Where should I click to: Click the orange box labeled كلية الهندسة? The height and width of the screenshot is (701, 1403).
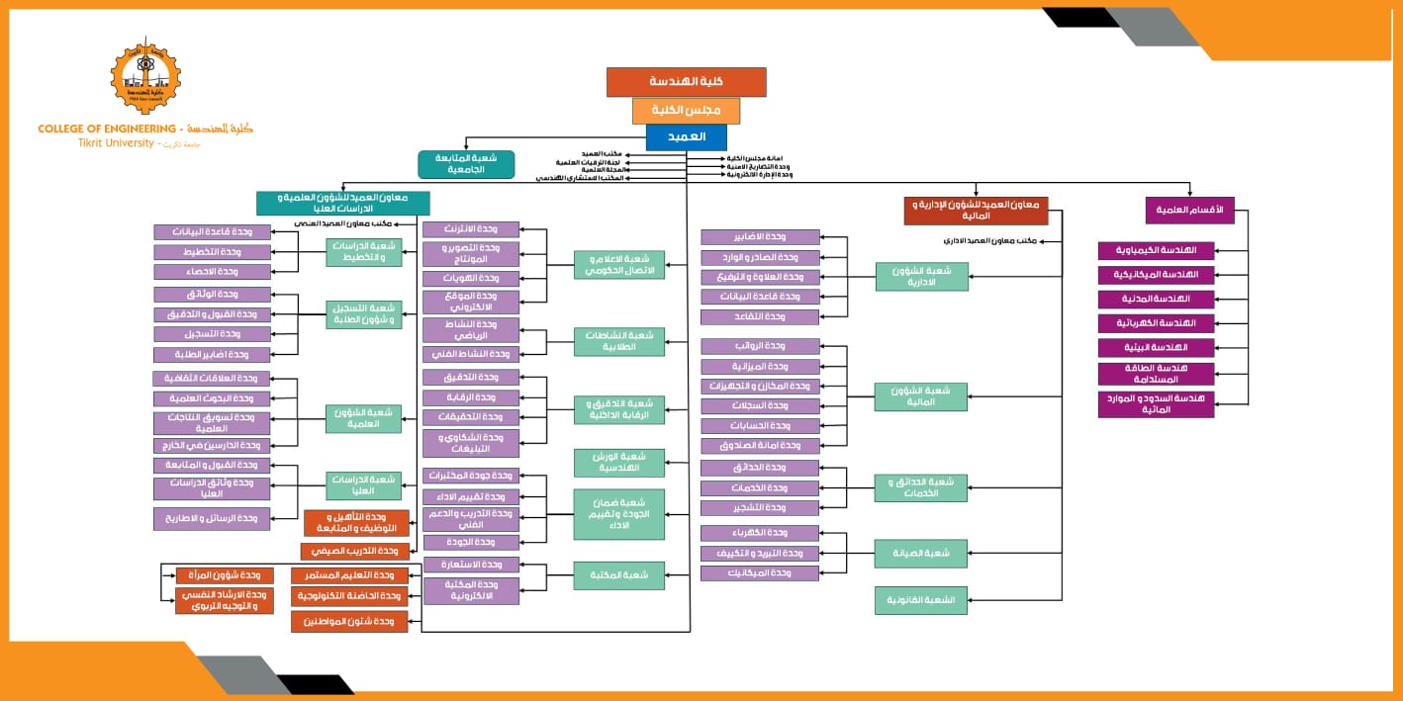[x=686, y=82]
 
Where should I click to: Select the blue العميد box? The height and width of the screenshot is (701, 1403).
[x=686, y=136]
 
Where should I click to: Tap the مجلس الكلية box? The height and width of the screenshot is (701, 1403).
[x=686, y=110]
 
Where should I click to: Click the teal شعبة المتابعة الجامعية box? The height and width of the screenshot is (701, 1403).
[x=466, y=164]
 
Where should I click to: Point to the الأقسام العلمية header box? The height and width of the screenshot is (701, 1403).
[x=1189, y=210]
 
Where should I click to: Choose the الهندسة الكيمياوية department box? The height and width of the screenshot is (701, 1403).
[x=1156, y=250]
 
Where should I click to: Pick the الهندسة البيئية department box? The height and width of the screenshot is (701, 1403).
[x=1156, y=348]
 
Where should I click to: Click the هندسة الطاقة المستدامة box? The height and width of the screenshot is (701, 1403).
[x=1156, y=374]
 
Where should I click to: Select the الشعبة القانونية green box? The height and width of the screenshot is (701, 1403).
[x=921, y=600]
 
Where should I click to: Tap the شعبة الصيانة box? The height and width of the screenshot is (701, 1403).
[x=921, y=554]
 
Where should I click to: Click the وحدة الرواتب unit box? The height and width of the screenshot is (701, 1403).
[x=760, y=346]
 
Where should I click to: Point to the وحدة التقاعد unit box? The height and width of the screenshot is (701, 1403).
[x=760, y=316]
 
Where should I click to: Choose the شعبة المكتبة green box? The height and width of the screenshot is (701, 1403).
[x=618, y=575]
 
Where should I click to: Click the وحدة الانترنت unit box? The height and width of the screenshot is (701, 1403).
[x=471, y=229]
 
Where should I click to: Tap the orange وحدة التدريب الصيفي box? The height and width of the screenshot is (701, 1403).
[x=355, y=551]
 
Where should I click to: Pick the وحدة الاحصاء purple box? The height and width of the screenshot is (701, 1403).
[x=212, y=271]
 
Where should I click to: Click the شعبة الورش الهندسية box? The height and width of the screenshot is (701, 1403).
[x=618, y=462]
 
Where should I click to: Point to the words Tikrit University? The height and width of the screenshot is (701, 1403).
[x=117, y=143]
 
